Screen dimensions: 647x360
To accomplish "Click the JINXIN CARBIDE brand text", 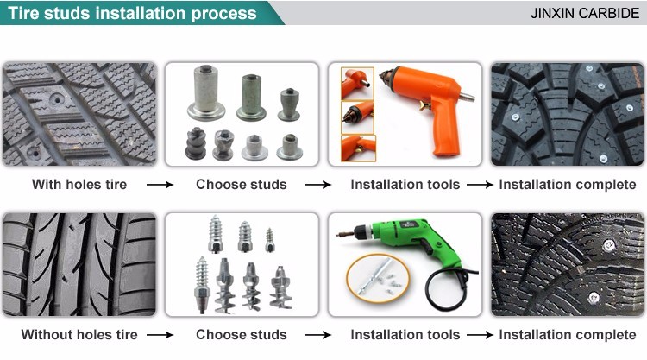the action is coord(585,13).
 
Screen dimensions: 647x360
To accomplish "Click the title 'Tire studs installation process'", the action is coord(132,13).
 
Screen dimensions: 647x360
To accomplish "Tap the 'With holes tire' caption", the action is coord(79,184).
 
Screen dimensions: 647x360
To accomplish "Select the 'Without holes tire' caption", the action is coord(79,334).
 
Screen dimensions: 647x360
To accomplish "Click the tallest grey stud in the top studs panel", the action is coord(206,92).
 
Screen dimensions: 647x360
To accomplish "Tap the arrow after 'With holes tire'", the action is coord(160,185).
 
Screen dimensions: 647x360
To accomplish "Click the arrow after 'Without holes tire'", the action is coord(160,335).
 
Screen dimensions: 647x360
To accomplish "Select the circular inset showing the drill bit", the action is coord(378,278).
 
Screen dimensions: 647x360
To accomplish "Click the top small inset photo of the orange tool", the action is coord(357,84).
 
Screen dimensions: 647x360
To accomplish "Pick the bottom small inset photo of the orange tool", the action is coord(358,148).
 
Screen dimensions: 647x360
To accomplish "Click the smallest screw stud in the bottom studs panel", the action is coord(269,240).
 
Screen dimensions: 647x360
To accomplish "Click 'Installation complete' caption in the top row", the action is coord(568,184).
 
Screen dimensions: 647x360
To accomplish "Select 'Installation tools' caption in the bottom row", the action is coord(405,334).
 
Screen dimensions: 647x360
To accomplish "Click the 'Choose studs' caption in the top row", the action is coord(242,184).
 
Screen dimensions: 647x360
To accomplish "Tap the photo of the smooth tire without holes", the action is coord(79,265).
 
